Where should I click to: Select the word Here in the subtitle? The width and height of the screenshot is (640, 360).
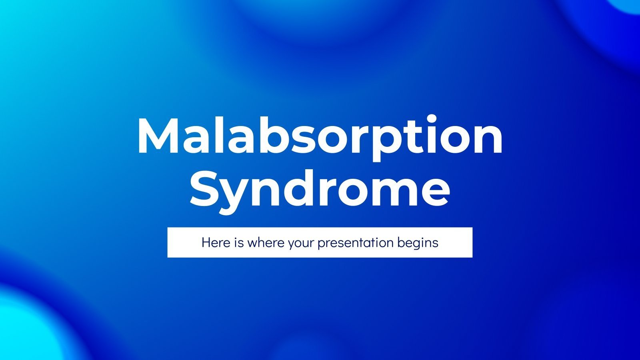point(216,242)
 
